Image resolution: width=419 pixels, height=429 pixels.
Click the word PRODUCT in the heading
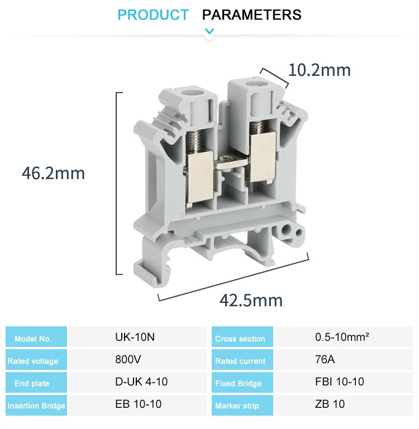coord(153,15)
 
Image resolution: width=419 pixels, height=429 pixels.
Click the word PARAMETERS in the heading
coord(251,15)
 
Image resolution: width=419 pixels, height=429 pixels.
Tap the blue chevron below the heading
coord(209,31)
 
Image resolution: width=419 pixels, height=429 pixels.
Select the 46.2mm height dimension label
coord(54,173)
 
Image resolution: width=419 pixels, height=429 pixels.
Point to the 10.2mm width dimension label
coord(319,70)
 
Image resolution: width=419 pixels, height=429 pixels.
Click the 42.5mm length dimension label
coord(251,301)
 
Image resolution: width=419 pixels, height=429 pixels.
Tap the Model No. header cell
coord(34,338)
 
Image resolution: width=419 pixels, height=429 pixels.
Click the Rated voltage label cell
coord(33,361)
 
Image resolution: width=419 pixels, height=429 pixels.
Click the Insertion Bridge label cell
coord(36,406)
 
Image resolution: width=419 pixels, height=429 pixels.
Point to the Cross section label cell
coord(240,339)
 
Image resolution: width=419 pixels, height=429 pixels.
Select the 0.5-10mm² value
coord(342,337)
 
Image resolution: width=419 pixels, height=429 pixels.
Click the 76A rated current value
coord(325,359)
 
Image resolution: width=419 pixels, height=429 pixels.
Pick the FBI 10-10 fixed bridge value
coord(340,382)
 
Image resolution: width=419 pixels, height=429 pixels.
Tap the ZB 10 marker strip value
coord(330,404)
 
